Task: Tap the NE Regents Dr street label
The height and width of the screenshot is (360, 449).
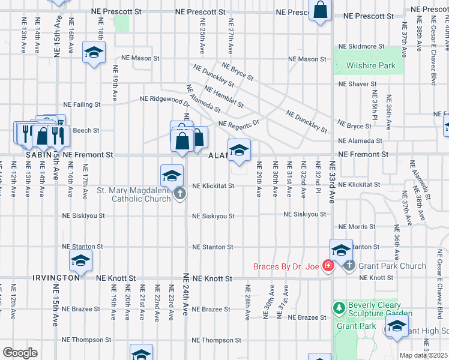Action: tap(238, 124)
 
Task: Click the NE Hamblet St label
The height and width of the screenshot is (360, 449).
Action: tap(224, 96)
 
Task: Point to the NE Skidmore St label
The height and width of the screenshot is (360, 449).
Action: tap(361, 46)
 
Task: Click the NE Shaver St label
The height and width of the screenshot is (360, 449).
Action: tap(357, 85)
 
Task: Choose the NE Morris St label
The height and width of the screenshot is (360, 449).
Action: tap(357, 227)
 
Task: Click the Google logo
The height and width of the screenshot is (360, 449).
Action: tap(20, 352)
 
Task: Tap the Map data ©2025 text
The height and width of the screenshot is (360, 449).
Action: tap(424, 355)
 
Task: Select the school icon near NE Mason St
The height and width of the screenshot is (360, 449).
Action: tap(94, 52)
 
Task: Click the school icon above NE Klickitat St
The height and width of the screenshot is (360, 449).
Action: tap(172, 176)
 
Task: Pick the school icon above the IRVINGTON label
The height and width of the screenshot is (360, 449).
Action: tap(80, 261)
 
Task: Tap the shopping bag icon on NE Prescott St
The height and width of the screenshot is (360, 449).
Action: tap(321, 10)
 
